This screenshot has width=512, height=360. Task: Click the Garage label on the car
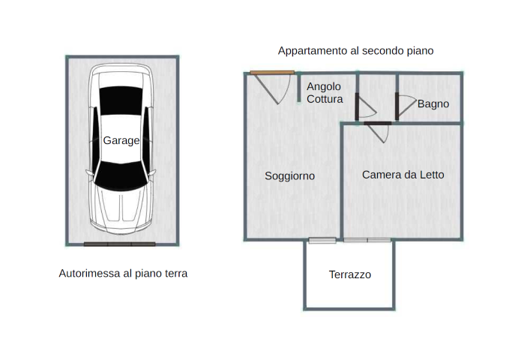point(121,140)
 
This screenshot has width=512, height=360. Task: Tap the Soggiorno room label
point(289,176)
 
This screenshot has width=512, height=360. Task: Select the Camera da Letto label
point(403,175)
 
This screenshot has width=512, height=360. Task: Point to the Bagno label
point(433,104)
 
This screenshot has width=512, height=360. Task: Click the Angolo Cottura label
point(325,93)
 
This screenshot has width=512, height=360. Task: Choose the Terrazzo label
point(350,274)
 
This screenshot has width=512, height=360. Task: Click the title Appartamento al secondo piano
point(355,51)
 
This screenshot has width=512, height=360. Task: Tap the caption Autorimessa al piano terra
point(123,273)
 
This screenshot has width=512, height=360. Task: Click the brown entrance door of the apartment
point(272,73)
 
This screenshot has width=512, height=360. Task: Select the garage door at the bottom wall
point(119,244)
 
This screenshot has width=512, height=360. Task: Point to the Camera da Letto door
point(378,123)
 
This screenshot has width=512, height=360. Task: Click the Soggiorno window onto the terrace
point(322,241)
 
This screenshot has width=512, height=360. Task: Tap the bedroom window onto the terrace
point(367,241)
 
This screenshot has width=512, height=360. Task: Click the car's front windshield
point(121,176)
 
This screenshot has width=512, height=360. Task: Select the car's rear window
point(121,100)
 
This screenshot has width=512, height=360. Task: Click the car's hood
point(121,209)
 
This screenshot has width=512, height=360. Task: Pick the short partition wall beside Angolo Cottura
point(299,88)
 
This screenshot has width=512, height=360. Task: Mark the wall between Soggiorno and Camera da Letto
point(342,181)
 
